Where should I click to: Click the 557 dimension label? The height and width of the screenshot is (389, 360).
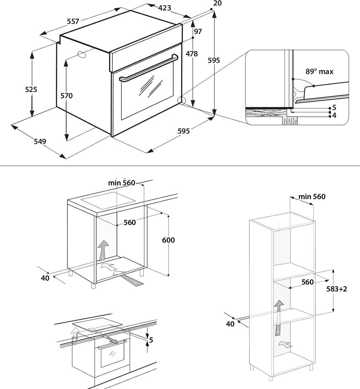[73, 22]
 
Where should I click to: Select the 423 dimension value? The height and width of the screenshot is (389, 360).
[164, 8]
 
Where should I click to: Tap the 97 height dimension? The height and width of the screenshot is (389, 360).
[198, 31]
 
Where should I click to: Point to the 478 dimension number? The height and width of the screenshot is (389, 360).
[192, 54]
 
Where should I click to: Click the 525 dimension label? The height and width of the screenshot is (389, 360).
[31, 90]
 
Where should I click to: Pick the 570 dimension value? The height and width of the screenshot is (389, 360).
[67, 96]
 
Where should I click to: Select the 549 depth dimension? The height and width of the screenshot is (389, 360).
[40, 142]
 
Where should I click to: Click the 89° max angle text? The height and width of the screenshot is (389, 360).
[319, 72]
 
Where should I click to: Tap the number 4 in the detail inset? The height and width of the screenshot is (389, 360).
[334, 116]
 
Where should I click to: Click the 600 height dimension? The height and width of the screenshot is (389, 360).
[168, 240]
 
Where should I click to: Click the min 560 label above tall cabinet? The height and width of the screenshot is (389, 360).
[312, 197]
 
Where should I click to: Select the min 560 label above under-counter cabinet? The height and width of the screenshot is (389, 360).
[121, 183]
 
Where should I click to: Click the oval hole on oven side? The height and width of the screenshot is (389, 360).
[82, 54]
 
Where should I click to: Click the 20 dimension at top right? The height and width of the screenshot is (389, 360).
[217, 3]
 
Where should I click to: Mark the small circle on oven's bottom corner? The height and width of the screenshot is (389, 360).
[182, 100]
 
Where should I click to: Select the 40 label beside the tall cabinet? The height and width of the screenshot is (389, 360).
[230, 324]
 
